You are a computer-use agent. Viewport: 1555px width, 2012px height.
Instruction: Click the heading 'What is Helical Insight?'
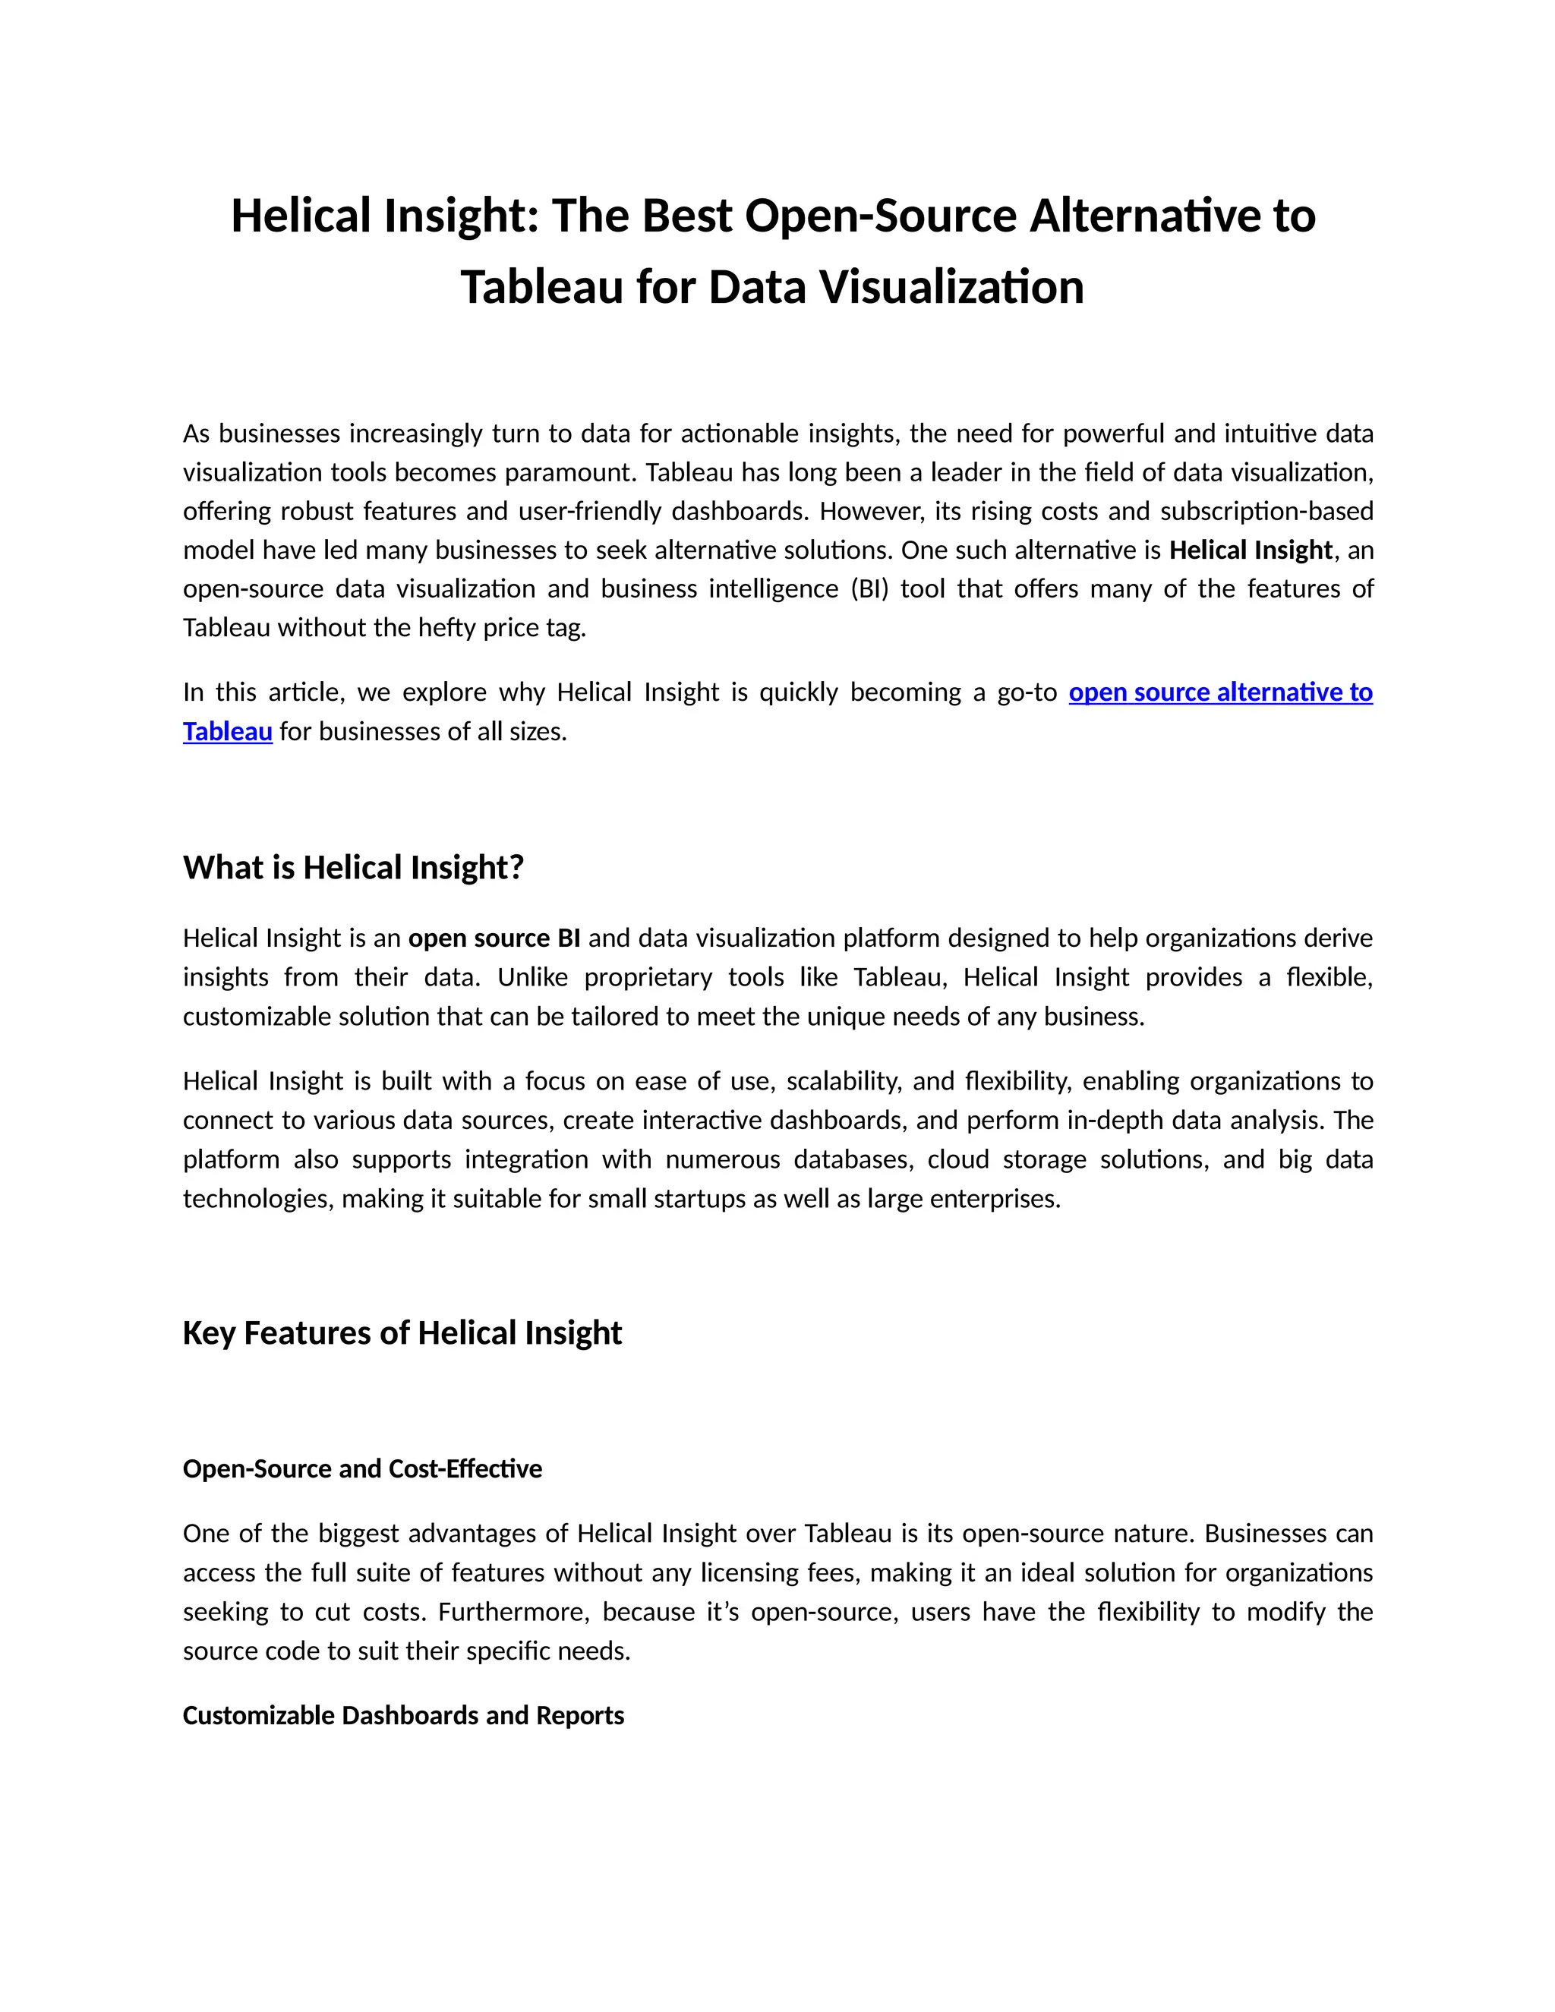coord(353,868)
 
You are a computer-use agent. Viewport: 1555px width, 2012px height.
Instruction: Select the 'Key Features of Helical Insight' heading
coord(402,1333)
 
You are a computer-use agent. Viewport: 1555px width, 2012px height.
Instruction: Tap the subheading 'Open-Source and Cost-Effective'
coord(362,1468)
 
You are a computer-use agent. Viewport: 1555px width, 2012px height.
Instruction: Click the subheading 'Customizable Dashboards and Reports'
coord(402,1715)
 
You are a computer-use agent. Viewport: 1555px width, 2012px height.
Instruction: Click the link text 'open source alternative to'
coord(1219,692)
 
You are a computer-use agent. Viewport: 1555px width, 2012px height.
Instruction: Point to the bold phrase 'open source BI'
coord(494,938)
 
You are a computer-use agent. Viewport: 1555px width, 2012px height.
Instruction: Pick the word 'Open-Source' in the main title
coord(880,216)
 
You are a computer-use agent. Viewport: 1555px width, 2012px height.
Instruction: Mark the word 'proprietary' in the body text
coord(648,976)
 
